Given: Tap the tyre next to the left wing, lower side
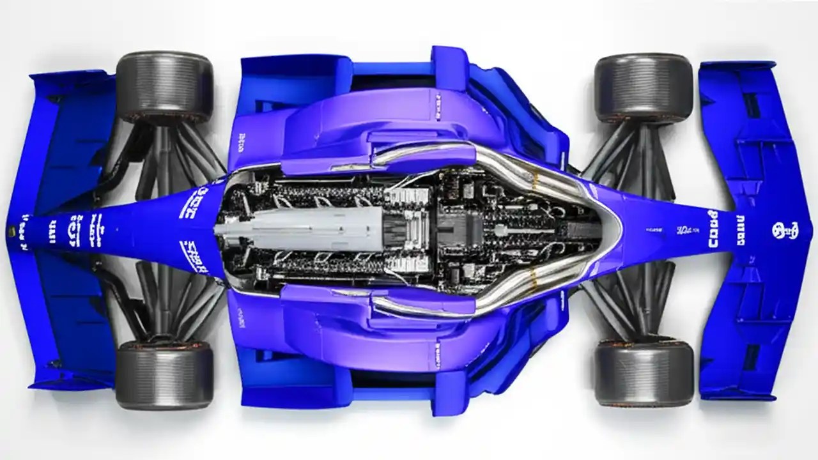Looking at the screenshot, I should tap(164, 374).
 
